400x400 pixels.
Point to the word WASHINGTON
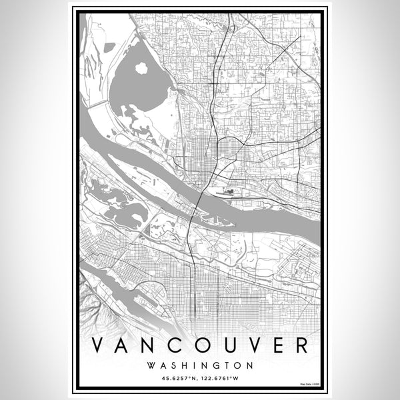coord(199,366)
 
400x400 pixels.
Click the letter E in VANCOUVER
coord(278,345)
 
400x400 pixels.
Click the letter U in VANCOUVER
coord(225,345)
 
